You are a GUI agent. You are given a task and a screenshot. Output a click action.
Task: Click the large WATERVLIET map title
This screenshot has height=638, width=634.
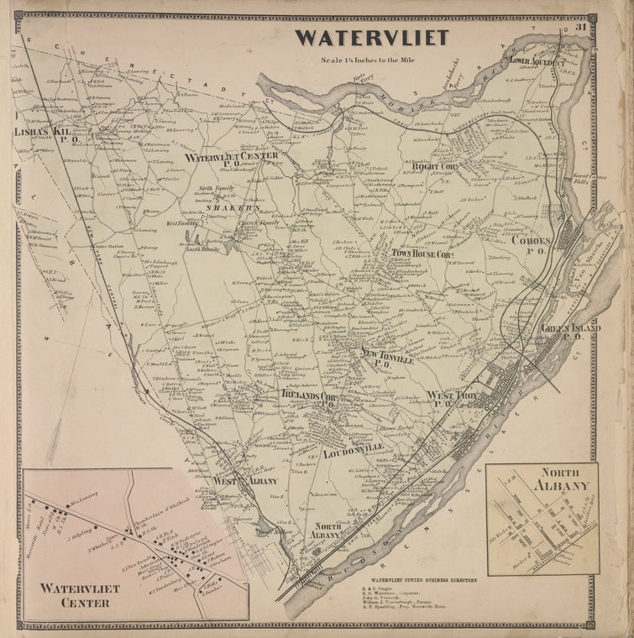click(x=371, y=39)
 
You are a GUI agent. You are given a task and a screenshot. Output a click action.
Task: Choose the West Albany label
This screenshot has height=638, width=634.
click(x=244, y=480)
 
